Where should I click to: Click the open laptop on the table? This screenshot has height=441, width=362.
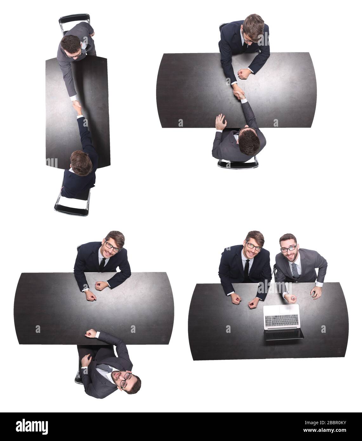point(281,321)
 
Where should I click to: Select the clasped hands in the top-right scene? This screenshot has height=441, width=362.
point(238,94)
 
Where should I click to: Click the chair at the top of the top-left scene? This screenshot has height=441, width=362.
point(74,22)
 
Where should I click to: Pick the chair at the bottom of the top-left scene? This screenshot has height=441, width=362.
point(72,205)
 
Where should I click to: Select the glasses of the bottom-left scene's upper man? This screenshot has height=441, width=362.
point(113,247)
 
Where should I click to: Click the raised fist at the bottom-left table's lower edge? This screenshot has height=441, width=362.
point(91,333)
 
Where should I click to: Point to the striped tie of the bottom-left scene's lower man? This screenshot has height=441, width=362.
point(104,368)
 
